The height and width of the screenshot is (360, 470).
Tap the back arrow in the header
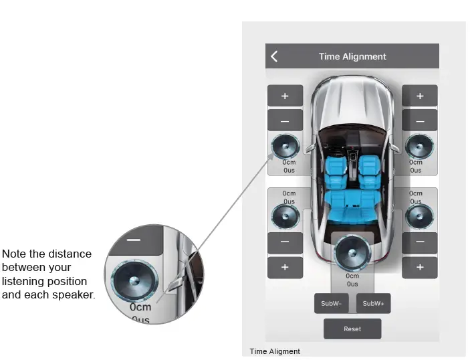274,57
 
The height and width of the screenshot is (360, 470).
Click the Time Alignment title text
352,57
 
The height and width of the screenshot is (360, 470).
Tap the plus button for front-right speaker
420,96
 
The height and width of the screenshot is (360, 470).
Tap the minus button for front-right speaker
420,120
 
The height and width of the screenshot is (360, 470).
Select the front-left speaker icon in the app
285,147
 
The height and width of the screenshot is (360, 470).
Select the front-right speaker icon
420,147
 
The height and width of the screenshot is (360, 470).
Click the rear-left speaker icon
285,215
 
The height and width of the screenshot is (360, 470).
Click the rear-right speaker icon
420,215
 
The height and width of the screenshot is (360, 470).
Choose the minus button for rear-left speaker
285,242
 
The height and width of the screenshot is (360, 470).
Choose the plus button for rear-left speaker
285,267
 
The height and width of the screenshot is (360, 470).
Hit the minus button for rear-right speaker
420,242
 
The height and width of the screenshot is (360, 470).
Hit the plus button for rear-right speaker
420,267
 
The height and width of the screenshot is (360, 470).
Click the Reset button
352,329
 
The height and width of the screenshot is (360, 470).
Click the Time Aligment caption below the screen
275,351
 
